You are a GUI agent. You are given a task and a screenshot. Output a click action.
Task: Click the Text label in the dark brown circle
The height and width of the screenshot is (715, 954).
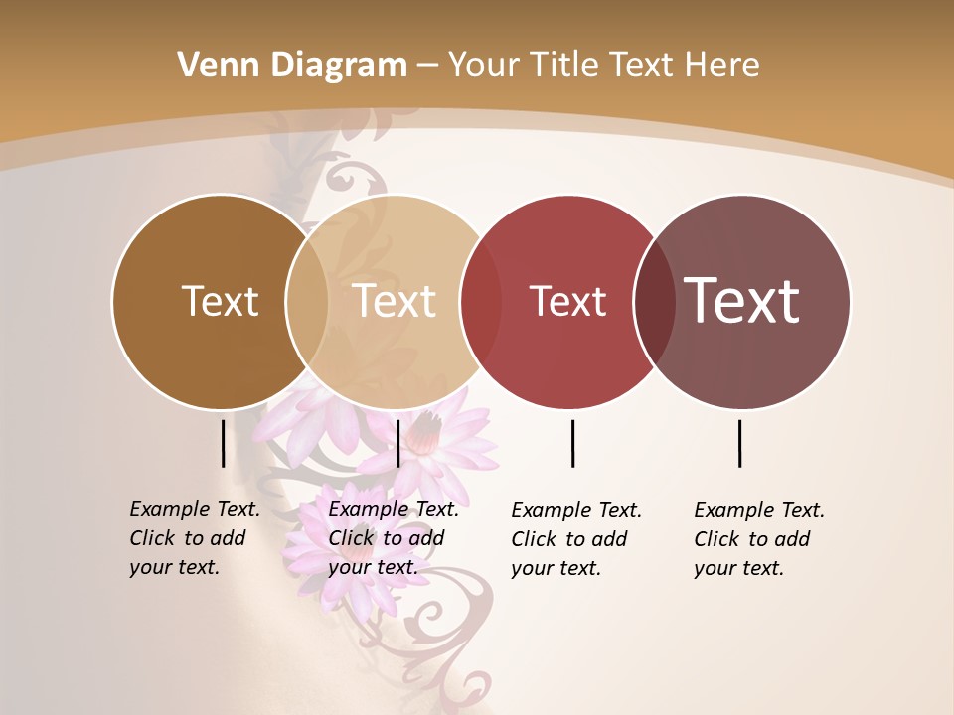coord(220,301)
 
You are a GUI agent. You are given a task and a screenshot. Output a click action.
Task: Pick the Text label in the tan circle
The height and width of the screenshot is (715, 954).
coord(395,301)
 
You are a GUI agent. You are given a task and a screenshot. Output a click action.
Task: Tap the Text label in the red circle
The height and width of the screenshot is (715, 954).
coord(567,301)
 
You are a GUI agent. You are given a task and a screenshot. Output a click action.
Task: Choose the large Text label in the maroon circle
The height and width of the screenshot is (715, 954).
coord(742,301)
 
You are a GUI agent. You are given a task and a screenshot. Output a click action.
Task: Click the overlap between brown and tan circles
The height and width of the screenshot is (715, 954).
coord(307,302)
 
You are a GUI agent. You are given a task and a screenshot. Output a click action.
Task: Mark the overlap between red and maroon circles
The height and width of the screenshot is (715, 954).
coord(654,302)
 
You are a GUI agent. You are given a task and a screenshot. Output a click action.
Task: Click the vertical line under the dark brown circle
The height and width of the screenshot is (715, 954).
coord(223,443)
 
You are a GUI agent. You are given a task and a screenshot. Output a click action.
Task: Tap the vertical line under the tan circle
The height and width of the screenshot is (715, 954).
coord(397,443)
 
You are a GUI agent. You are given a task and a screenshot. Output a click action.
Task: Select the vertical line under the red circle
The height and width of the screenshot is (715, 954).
coord(573,443)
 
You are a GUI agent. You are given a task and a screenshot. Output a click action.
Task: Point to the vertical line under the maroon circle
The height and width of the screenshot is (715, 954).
coord(740,443)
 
